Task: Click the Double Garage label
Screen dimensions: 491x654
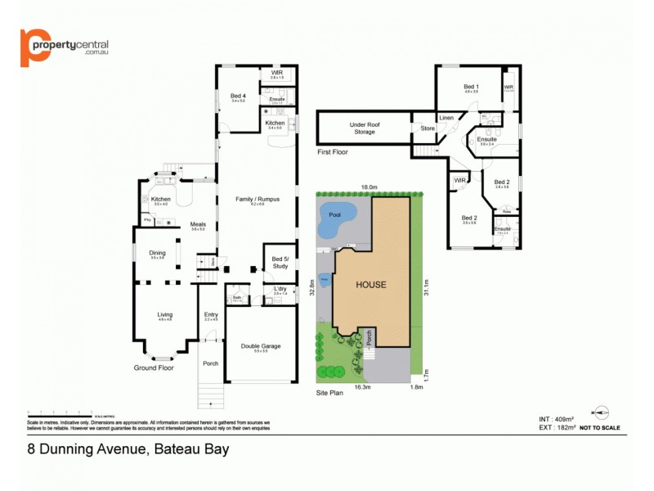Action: point(261,345)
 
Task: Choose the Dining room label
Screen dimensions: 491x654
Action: point(157,253)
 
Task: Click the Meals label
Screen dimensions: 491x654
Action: point(198,224)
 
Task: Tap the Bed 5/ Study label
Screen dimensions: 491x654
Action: point(280,262)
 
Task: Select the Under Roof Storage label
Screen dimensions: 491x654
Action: point(365,128)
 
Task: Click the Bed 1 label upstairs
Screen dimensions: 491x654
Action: point(471,87)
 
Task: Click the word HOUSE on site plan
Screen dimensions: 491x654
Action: point(370,285)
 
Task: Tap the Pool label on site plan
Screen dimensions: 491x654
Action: point(334,214)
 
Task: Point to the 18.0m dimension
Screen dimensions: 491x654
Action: point(369,187)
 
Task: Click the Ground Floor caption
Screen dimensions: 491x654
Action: point(154,368)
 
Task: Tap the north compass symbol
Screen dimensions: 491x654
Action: point(602,412)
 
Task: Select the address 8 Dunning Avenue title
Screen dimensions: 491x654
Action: point(128,448)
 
